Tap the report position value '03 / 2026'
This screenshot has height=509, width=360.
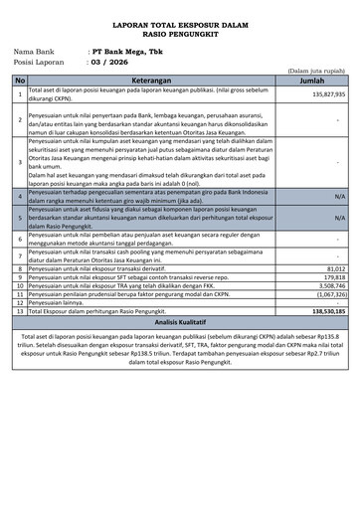[x=109, y=61]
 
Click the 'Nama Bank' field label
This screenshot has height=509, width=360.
[x=34, y=50]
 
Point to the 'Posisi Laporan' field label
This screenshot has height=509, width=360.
[x=41, y=61]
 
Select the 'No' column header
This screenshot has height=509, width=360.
[x=20, y=81]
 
